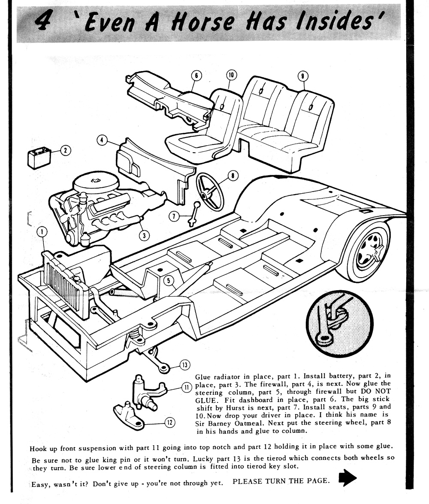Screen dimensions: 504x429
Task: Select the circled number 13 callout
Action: [184, 365]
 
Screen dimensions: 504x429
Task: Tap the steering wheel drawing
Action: [210, 191]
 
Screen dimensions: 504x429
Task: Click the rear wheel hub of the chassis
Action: [369, 251]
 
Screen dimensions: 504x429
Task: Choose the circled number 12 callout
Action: [170, 423]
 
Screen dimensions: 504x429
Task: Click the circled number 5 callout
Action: [169, 281]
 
